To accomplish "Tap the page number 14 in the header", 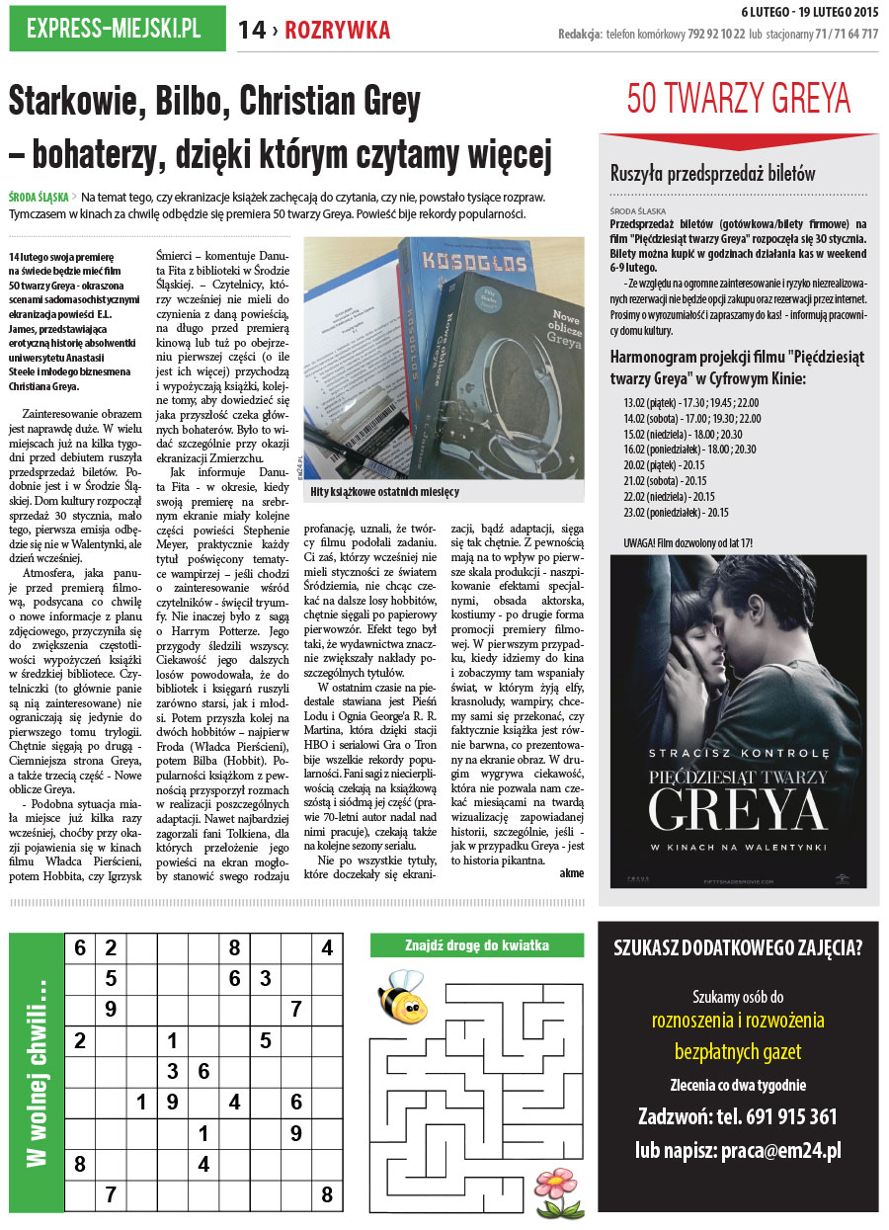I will click(251, 31).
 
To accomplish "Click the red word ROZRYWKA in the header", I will click(337, 31).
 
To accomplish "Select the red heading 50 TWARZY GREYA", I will click(738, 99).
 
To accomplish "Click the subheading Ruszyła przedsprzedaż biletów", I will click(712, 173).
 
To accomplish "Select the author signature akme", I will click(572, 871).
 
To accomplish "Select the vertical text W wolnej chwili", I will click(37, 1071).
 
